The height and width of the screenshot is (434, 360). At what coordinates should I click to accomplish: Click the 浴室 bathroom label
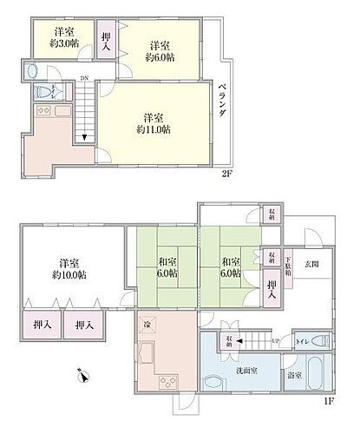(x=295, y=375)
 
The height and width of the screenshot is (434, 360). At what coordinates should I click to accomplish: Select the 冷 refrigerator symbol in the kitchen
(x=147, y=325)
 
